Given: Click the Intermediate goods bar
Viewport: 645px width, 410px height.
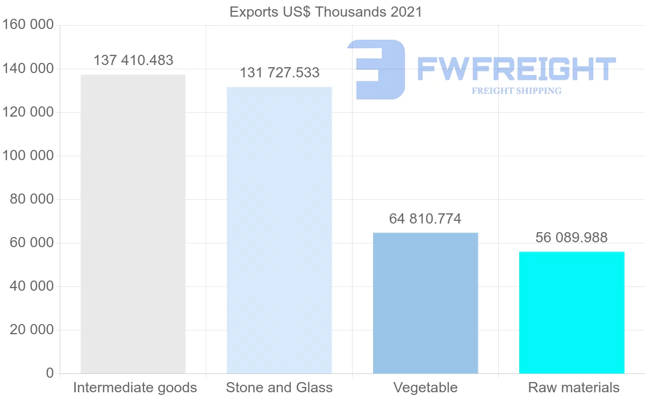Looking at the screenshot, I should (x=133, y=224).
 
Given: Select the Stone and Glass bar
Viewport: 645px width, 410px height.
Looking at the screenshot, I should (x=279, y=230).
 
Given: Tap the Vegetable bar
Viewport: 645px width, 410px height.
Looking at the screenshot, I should (x=425, y=303).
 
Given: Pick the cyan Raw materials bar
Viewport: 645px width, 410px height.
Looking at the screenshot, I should (x=571, y=312).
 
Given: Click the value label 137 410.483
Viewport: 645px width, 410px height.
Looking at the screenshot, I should (x=133, y=60).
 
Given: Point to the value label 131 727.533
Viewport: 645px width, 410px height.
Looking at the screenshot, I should (x=279, y=73).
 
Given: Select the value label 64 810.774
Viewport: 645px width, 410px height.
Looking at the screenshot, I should (x=425, y=219).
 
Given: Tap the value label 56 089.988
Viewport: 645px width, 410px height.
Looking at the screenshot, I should (x=571, y=238).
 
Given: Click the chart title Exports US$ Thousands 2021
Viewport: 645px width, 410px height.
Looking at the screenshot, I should (x=326, y=12).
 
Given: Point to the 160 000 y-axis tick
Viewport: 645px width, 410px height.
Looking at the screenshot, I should (x=28, y=25).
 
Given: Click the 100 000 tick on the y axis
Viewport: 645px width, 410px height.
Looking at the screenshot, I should (x=28, y=156).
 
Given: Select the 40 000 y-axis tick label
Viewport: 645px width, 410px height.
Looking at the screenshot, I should (x=32, y=286).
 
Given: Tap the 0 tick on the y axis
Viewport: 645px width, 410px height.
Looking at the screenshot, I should (x=50, y=373).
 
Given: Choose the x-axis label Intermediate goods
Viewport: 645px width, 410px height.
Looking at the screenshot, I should (x=135, y=387).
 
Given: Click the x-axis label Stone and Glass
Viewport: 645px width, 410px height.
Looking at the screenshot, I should (x=279, y=387).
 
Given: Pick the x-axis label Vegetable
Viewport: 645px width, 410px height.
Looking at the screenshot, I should (x=425, y=387).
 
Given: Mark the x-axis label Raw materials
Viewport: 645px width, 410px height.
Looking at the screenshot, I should (x=574, y=387).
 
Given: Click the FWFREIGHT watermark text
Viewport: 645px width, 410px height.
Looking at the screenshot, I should (x=516, y=69).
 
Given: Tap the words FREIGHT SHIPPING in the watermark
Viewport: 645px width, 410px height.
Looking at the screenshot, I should (x=517, y=91).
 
